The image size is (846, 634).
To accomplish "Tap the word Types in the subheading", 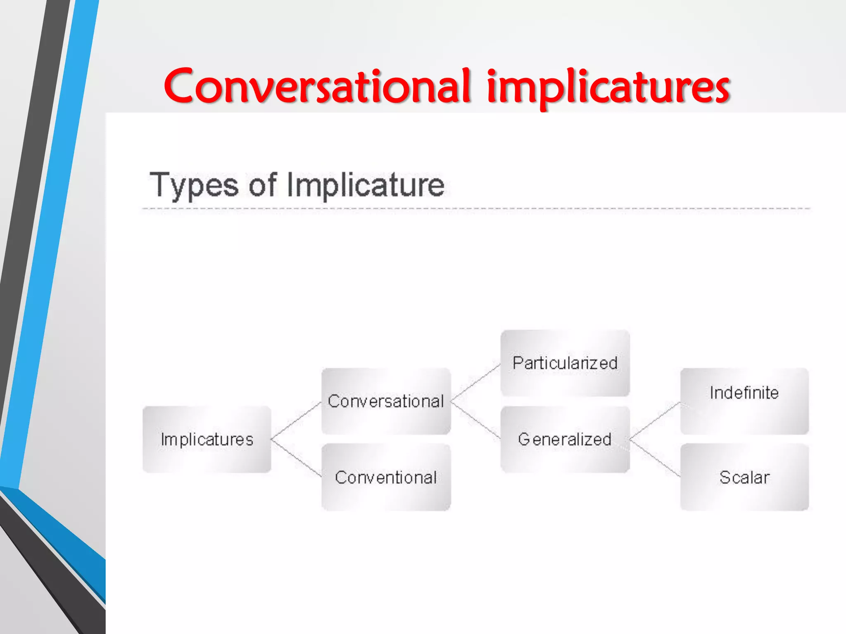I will click(194, 185).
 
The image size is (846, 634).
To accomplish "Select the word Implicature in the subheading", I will click(365, 185).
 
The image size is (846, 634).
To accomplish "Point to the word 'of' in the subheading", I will click(262, 185).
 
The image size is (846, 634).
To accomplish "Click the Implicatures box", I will click(207, 439).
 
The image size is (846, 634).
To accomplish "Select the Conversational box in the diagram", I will click(386, 401).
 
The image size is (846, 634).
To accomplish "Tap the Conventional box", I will click(386, 477).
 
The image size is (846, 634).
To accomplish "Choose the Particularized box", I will click(565, 363).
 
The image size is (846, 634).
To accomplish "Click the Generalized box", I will click(565, 439).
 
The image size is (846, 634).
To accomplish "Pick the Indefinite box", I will click(744, 401).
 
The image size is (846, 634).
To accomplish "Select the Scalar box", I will click(744, 477).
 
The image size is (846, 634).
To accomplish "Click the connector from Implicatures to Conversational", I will click(296, 420).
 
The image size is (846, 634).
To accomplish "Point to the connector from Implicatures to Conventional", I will click(296, 458).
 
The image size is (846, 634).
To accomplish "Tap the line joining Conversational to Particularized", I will click(475, 383).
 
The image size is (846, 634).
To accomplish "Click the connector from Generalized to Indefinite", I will click(655, 420).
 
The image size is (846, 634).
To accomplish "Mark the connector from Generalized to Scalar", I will click(655, 458).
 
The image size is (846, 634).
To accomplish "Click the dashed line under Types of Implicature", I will click(475, 209).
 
